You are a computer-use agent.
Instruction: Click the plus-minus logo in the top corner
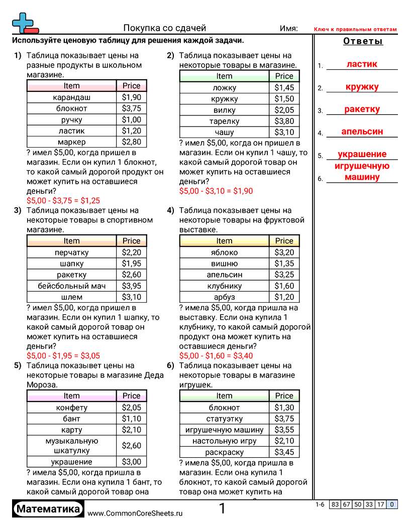point(24,23)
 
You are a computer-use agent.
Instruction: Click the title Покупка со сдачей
point(165,28)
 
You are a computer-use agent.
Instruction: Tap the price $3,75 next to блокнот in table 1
point(131,108)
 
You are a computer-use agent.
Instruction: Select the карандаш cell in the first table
point(71,97)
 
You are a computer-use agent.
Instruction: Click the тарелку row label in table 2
point(224,121)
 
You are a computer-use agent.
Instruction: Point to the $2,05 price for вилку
point(284,110)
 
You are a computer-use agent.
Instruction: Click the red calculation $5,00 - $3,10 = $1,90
point(216,191)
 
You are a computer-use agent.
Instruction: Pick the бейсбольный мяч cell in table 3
point(71,286)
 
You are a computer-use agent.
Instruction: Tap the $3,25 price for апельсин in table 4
point(284,275)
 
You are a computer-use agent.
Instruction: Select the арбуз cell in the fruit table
point(224,297)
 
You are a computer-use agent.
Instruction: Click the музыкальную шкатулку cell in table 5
point(71,446)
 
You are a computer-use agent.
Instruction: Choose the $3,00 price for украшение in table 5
point(131,462)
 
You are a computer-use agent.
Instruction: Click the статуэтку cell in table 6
point(224,419)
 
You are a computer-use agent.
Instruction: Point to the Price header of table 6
point(284,396)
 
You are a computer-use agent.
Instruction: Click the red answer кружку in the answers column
point(362,87)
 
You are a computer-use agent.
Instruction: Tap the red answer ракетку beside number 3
point(362,109)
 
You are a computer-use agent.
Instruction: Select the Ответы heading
point(363,41)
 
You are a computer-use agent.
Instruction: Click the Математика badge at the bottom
point(48,509)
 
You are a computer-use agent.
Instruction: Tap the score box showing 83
point(335,505)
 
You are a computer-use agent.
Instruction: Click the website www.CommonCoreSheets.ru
point(135,513)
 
